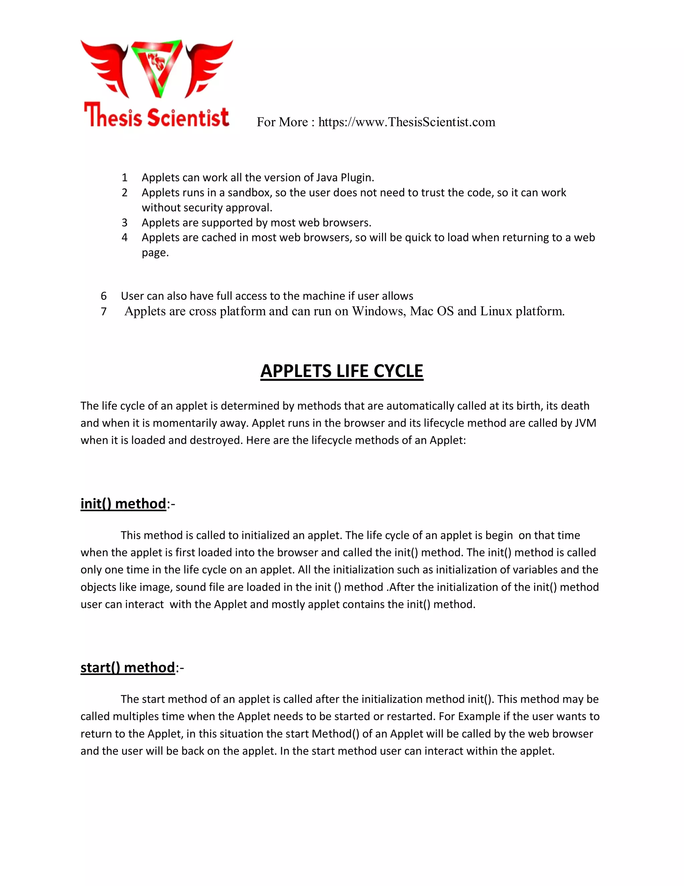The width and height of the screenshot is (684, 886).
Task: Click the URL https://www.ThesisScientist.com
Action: [x=406, y=122]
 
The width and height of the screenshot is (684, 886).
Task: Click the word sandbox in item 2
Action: [x=249, y=193]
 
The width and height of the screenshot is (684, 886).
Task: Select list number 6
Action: [x=104, y=296]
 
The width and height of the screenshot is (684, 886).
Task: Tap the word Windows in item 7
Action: [x=378, y=311]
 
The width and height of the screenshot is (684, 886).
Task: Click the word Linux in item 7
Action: [x=496, y=311]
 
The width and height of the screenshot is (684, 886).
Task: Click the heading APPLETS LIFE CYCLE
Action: [x=342, y=371]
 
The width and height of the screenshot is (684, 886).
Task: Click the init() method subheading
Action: [x=123, y=504]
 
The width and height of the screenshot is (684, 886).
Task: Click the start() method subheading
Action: [x=128, y=667]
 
